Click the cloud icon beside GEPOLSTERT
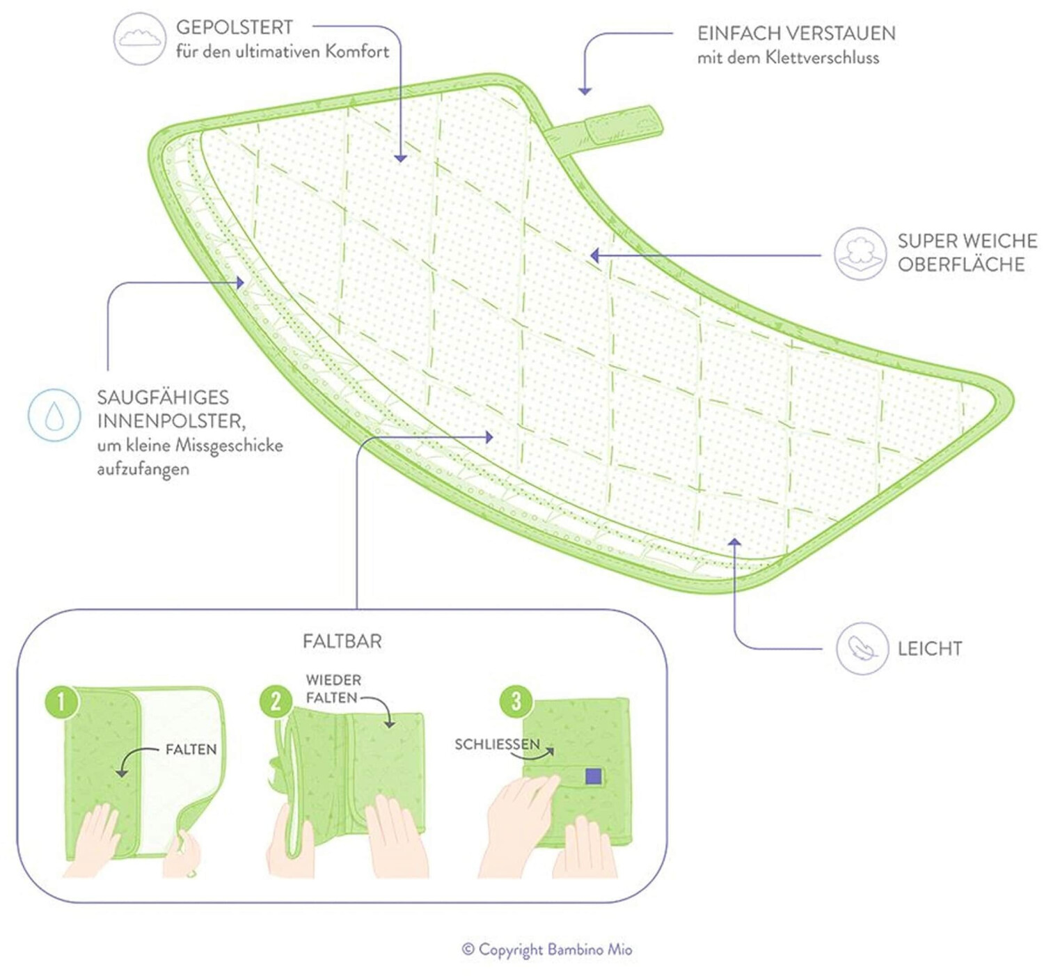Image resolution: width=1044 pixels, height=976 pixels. pyautogui.click(x=140, y=39)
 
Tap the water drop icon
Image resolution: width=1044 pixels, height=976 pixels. pyautogui.click(x=54, y=415)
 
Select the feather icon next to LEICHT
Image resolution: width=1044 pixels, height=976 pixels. pyautogui.click(x=862, y=648)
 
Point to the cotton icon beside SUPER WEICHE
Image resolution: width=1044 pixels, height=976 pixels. pyautogui.click(x=860, y=253)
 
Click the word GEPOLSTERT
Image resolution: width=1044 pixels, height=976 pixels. pyautogui.click(x=235, y=28)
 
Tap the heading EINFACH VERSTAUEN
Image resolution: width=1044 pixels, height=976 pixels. pyautogui.click(x=796, y=33)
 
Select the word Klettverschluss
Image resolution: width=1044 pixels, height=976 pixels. pyautogui.click(x=822, y=58)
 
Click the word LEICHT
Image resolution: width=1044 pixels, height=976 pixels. pyautogui.click(x=930, y=649)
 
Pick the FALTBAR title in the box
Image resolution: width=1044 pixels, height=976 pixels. pyautogui.click(x=342, y=641)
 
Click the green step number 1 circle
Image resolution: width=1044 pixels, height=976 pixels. pyautogui.click(x=61, y=702)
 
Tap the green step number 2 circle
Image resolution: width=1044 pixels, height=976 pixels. pyautogui.click(x=276, y=702)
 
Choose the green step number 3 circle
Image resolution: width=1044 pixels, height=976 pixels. pyautogui.click(x=516, y=700)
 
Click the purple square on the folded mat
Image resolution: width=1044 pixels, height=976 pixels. pyautogui.click(x=593, y=776)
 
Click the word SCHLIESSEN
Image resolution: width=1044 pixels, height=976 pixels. pyautogui.click(x=497, y=744)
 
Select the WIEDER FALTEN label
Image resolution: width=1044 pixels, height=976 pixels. pyautogui.click(x=333, y=688)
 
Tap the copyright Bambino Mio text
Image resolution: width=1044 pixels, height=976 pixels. pyautogui.click(x=547, y=950)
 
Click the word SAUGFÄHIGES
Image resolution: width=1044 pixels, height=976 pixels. pyautogui.click(x=163, y=398)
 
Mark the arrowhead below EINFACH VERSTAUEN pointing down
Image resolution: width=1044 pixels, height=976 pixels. pyautogui.click(x=585, y=90)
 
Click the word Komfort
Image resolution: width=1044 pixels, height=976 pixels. pyautogui.click(x=357, y=52)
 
